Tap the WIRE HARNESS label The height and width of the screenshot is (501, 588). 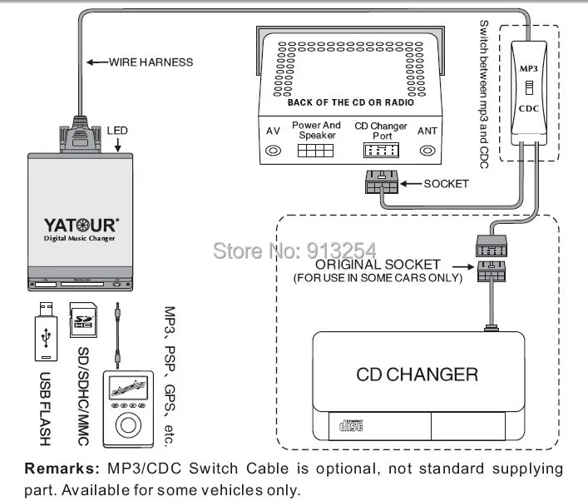[x=151, y=62]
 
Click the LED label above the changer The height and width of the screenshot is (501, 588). [x=117, y=131]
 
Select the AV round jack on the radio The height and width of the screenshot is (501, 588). [x=273, y=151]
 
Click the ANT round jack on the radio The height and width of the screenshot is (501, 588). [x=427, y=151]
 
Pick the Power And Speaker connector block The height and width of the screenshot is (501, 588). [x=315, y=151]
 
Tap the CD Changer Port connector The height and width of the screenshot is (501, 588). [x=381, y=151]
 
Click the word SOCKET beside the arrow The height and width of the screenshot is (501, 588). [x=447, y=184]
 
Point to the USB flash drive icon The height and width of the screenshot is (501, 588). [x=46, y=331]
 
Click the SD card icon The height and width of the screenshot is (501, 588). [x=83, y=320]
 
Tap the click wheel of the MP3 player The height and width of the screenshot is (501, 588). [x=128, y=425]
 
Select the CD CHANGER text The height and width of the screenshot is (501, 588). [x=417, y=375]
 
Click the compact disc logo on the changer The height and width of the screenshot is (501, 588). [x=351, y=425]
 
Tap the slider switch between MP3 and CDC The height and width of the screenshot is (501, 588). [x=529, y=88]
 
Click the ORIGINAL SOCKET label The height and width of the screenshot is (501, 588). [x=378, y=265]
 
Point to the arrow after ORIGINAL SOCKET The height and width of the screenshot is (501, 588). [x=463, y=267]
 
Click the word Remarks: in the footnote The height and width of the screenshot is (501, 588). [x=62, y=469]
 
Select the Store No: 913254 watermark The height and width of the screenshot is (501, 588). [x=294, y=250]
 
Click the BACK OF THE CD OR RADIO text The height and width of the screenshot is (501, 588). [x=351, y=102]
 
